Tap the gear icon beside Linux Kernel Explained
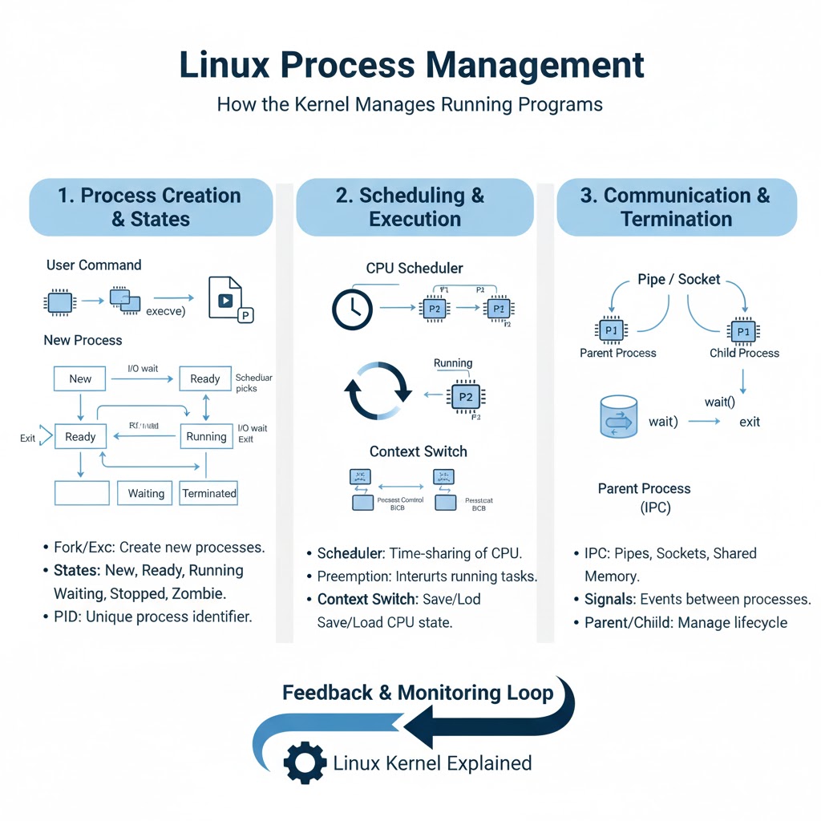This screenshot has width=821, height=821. coord(305,762)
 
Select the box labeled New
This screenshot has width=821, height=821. coord(80,379)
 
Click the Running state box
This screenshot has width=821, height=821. coord(206,437)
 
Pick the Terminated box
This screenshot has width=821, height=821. coord(209,493)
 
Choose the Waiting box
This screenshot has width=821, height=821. coord(146,493)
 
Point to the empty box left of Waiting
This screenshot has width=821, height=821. coord(82,493)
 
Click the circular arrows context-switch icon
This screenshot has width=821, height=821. coord(377,390)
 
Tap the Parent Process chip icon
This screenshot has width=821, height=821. coord(610,330)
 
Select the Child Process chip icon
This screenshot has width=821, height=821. coord(744,330)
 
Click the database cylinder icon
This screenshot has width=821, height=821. coord(618,416)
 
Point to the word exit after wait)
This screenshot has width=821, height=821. coord(750,422)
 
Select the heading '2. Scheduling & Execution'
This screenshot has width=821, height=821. coord(415,207)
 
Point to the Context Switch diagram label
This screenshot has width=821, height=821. coord(418,451)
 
